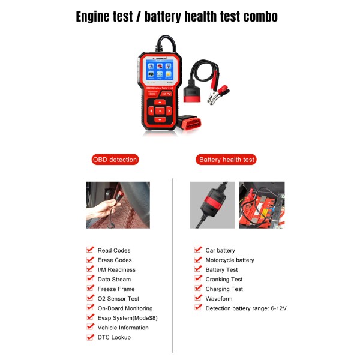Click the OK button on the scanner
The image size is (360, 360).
(160, 111)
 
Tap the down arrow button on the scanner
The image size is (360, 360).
(160, 119)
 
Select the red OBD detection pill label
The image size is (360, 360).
(115, 160)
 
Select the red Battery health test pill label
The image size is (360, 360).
(227, 160)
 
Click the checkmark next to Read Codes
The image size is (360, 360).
(90, 250)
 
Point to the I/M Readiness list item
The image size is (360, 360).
(116, 269)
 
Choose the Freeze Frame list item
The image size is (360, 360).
(116, 289)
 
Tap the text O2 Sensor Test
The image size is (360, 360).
(118, 298)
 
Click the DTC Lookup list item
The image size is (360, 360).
(114, 337)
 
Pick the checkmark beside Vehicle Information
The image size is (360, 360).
(90, 327)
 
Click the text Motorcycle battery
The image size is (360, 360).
(230, 260)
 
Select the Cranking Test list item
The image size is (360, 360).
(224, 279)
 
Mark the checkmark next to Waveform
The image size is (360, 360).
(198, 298)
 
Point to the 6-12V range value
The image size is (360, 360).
(277, 308)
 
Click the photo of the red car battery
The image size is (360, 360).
(262, 205)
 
